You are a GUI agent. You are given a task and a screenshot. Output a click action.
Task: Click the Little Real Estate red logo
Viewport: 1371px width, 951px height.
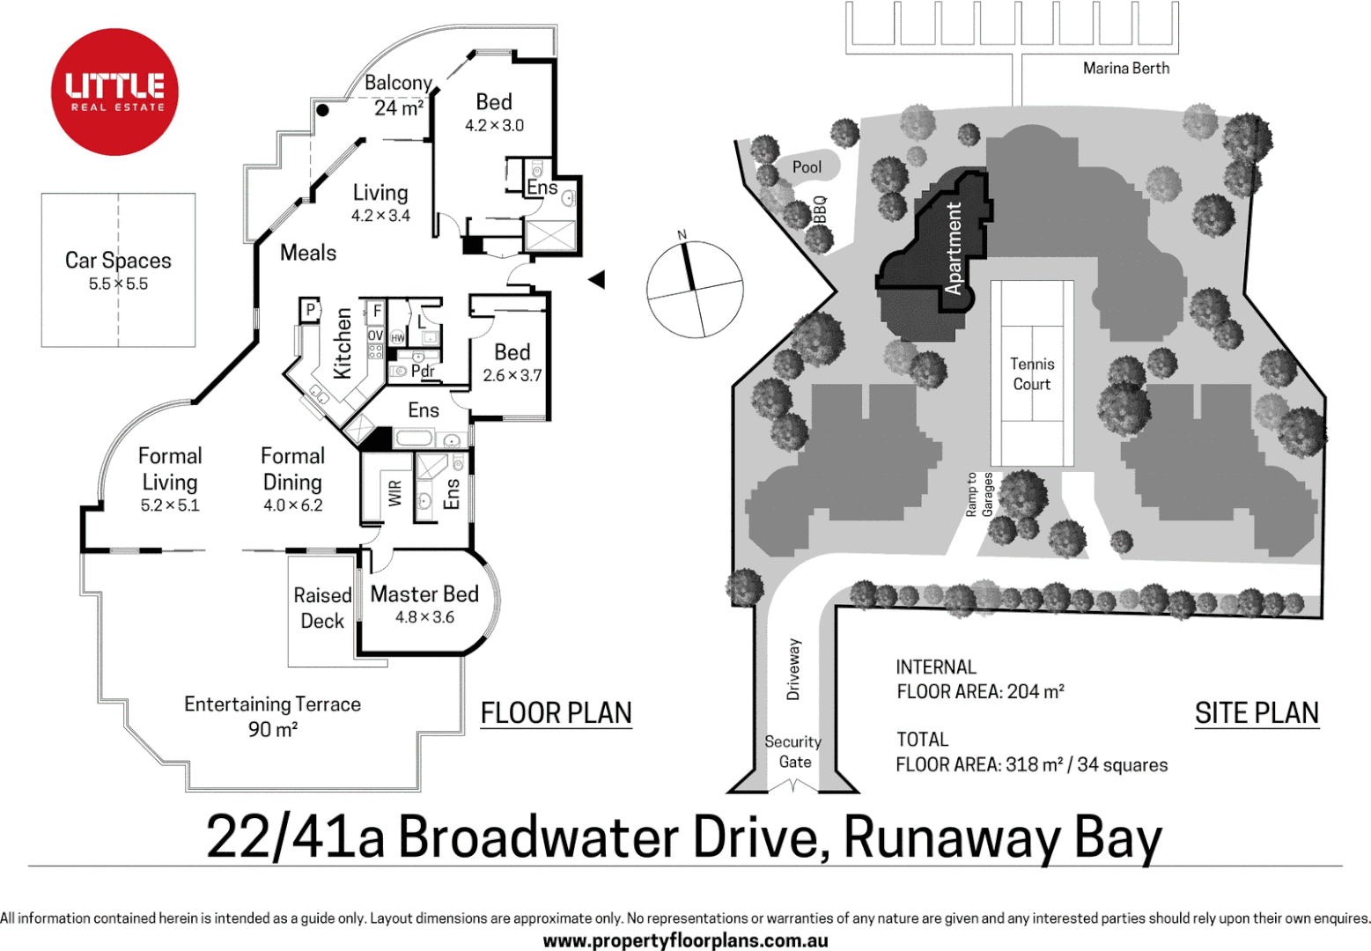coord(114,92)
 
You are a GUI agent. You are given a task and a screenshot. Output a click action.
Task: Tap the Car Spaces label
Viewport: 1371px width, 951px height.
coord(118,261)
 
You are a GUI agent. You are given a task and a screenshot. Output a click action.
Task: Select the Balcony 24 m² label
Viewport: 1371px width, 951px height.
coord(398,95)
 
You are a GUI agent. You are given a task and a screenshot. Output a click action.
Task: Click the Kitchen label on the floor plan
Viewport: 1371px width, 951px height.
coord(343,343)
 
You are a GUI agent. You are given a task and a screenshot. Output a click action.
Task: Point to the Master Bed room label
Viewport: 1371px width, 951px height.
coord(424,595)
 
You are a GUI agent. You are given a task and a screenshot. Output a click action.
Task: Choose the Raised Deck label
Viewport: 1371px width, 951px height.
coord(322,608)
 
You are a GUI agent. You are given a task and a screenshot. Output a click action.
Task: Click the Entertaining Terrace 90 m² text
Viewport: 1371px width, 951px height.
coord(272,716)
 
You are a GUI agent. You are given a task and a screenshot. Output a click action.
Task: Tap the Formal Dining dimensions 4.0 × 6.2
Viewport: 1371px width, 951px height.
coord(292,505)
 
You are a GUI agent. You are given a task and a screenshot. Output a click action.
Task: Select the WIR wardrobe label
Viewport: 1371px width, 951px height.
coord(394,493)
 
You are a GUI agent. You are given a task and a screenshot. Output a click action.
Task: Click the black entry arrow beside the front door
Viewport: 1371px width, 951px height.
coord(597,280)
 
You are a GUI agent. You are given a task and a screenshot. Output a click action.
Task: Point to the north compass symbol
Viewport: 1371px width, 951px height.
coord(694,289)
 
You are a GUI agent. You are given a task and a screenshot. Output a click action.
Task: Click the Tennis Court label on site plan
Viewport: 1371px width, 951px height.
coord(1031,374)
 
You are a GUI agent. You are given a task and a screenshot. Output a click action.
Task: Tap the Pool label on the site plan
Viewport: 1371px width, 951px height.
coord(807,167)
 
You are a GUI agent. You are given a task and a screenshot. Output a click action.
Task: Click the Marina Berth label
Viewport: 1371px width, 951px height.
coord(1125,69)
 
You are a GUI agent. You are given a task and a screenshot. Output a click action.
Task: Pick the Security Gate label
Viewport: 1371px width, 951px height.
coord(793,752)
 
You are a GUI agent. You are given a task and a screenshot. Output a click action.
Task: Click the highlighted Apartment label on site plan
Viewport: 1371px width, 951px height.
coord(953,247)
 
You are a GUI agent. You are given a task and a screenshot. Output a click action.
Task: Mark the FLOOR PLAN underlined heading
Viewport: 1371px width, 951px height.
coord(556,713)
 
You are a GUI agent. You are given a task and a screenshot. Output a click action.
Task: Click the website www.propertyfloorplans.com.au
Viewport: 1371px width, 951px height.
coord(685,940)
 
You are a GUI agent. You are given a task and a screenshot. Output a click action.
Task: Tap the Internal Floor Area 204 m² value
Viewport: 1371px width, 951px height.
coord(1035,692)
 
